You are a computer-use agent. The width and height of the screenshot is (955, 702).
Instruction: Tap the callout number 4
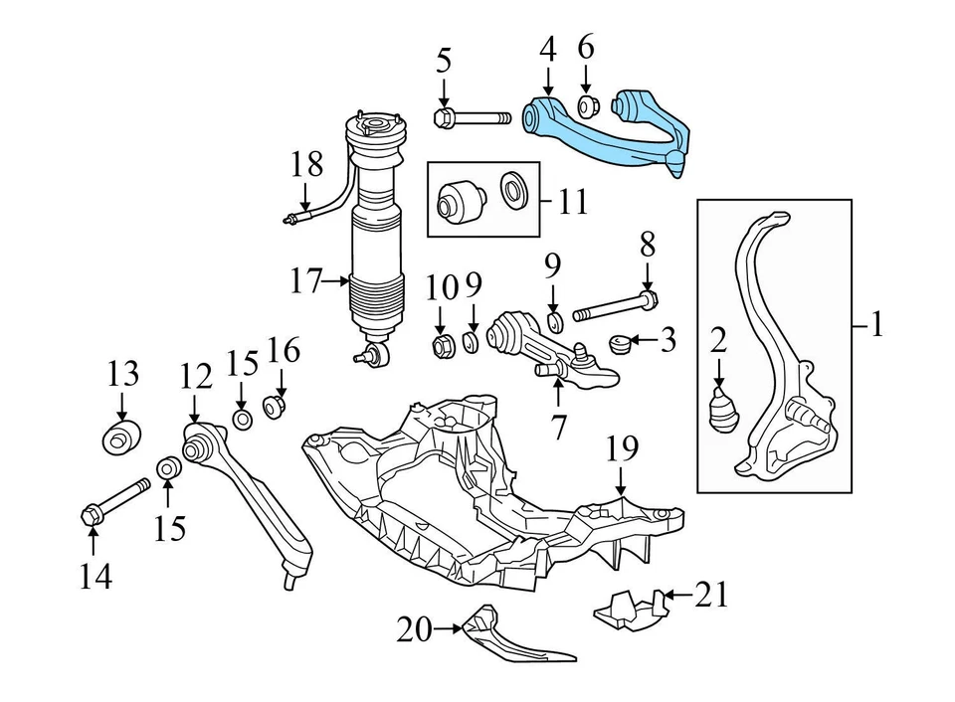(x=548, y=48)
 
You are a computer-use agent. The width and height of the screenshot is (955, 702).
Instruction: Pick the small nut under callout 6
(x=587, y=103)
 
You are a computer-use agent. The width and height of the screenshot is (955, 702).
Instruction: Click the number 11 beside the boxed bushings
(x=573, y=203)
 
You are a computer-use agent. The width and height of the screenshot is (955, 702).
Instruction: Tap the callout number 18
(x=308, y=164)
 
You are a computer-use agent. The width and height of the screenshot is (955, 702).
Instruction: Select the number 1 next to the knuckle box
(x=875, y=325)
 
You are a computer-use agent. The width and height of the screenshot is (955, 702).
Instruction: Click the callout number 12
(x=196, y=377)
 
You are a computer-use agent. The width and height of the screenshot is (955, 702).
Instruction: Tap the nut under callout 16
(x=275, y=406)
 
